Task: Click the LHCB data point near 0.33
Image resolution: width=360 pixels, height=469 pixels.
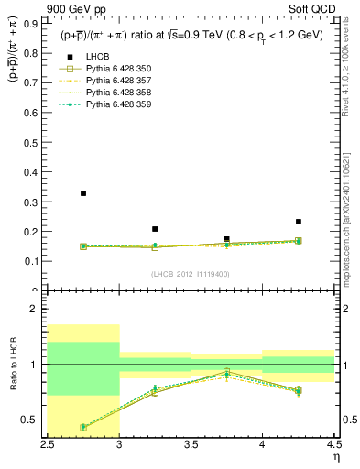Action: pyautogui.click(x=83, y=193)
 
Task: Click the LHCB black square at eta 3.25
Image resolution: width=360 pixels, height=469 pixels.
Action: pyautogui.click(x=155, y=229)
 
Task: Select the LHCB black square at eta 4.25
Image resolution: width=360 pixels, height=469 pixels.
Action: pyautogui.click(x=298, y=222)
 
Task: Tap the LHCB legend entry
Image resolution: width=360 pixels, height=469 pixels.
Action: pyautogui.click(x=97, y=57)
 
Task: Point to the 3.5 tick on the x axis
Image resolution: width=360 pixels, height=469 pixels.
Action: pyautogui.click(x=191, y=445)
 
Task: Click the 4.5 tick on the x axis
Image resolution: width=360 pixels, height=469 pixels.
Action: pyautogui.click(x=333, y=445)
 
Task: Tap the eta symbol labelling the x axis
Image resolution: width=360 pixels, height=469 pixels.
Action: pyautogui.click(x=336, y=457)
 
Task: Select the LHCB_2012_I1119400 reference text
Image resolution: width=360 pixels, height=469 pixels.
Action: pyautogui.click(x=190, y=274)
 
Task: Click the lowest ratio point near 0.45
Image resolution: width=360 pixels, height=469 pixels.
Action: pyautogui.click(x=83, y=427)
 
